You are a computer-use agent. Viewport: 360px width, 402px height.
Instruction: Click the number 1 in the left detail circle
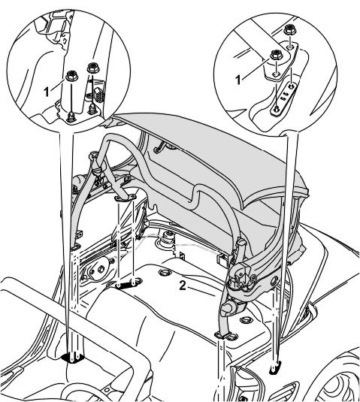[x=47, y=92]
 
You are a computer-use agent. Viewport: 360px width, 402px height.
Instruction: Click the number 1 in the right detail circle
[x=238, y=80]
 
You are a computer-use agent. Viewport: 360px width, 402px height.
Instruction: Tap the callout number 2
[x=182, y=286]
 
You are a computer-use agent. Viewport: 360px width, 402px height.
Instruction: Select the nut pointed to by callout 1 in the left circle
[x=71, y=76]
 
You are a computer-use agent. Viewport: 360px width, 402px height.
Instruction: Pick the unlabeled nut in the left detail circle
[x=93, y=68]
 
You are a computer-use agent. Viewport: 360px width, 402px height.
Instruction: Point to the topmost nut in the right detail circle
[x=290, y=29]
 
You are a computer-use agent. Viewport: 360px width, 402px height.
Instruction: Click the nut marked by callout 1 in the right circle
[x=276, y=55]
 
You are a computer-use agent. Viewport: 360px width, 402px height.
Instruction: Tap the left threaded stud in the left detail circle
[x=70, y=117]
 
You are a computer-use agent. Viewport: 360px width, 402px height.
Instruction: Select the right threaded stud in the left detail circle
[x=91, y=109]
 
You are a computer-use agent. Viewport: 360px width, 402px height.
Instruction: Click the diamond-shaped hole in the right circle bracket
[x=274, y=74]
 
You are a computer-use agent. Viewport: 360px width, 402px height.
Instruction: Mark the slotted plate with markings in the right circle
[x=284, y=97]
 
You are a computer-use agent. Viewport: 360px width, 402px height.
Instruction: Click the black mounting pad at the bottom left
[x=74, y=358]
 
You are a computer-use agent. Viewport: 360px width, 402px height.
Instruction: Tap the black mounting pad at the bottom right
[x=274, y=367]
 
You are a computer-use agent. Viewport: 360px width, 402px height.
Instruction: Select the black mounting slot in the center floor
[x=126, y=284]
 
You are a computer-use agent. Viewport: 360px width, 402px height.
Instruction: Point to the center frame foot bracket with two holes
[x=125, y=198]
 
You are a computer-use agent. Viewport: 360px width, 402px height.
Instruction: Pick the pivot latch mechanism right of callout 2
[x=241, y=276]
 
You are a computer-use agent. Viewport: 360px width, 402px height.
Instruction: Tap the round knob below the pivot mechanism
[x=229, y=307]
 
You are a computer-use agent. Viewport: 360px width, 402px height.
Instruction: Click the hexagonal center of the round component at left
[x=101, y=269]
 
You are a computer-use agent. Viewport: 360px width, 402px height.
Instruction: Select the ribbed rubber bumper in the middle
[x=168, y=239]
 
